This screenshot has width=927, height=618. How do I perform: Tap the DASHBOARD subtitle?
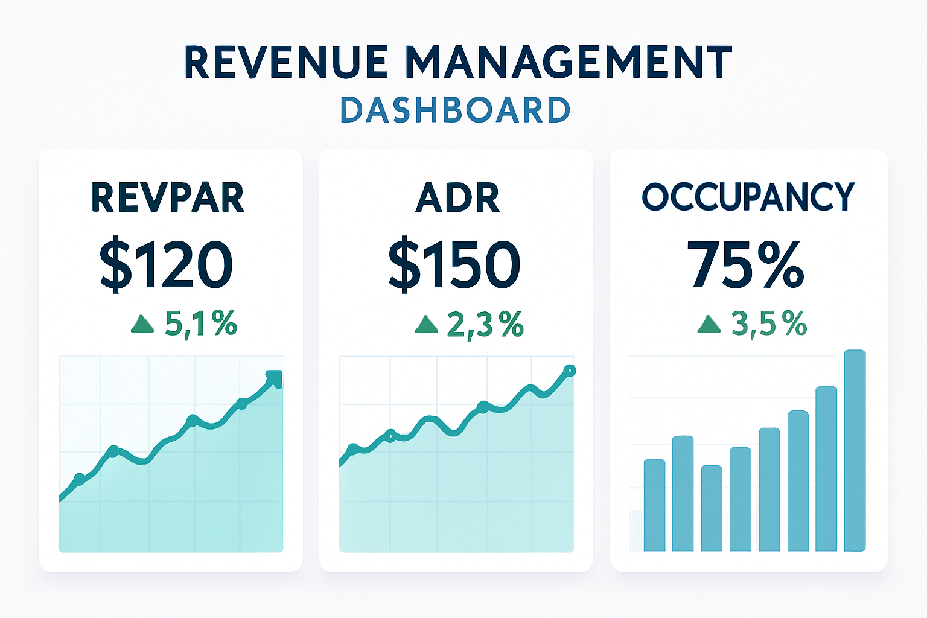(455, 110)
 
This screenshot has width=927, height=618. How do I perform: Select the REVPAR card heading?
(168, 197)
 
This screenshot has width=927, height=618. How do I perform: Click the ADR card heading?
(457, 197)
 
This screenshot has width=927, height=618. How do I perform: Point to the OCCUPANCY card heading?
(748, 197)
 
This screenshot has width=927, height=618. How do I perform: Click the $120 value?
(167, 265)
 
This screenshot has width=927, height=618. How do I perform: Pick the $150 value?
(454, 265)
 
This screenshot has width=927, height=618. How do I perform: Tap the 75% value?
(745, 265)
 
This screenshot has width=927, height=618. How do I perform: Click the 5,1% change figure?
(200, 324)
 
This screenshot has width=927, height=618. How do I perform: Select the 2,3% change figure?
(485, 325)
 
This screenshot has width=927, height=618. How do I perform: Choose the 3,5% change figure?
(769, 324)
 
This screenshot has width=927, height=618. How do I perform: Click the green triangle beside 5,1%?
(142, 324)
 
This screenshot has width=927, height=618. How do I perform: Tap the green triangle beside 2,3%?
(426, 325)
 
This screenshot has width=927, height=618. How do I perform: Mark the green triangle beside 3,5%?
(709, 325)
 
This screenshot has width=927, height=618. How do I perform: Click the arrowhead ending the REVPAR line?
(274, 378)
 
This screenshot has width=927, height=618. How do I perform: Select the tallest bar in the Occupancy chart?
(855, 450)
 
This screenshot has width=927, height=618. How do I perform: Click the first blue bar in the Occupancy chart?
(654, 505)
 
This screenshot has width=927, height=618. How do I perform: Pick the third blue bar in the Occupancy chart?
(712, 508)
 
